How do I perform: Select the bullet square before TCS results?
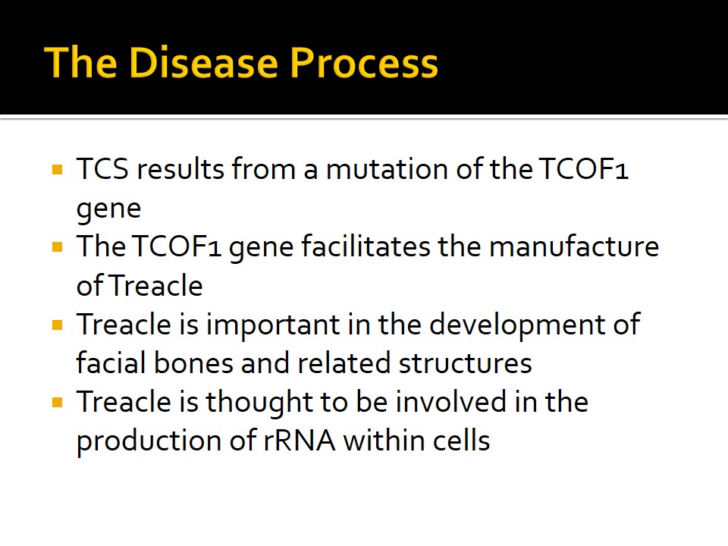pyautogui.click(x=58, y=169)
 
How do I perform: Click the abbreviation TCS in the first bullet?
pyautogui.click(x=102, y=168)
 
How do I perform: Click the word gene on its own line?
pyautogui.click(x=108, y=209)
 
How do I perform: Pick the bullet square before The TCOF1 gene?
pyautogui.click(x=58, y=246)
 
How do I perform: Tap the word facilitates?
pyautogui.click(x=366, y=246)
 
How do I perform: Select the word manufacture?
pyautogui.click(x=574, y=246)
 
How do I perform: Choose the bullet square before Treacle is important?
pyautogui.click(x=58, y=325)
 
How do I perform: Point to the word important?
pyautogui.click(x=273, y=325)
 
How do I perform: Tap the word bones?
pyautogui.click(x=193, y=362)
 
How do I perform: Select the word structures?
pyautogui.click(x=465, y=363)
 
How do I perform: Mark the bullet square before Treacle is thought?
pyautogui.click(x=58, y=402)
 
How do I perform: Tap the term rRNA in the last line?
pyautogui.click(x=300, y=440)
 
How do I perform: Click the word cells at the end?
pyautogui.click(x=462, y=440)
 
